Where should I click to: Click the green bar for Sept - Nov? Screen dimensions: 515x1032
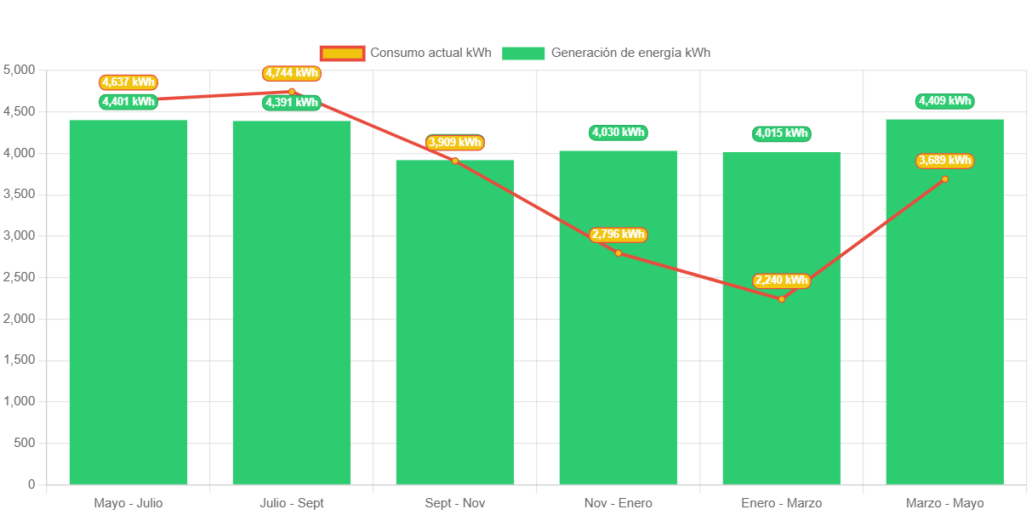click(454, 323)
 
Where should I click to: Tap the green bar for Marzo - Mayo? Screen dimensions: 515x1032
click(944, 323)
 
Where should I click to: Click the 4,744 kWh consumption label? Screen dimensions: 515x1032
click(291, 73)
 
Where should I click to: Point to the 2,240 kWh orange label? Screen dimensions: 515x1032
click(781, 280)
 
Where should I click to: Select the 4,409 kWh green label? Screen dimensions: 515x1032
click(944, 101)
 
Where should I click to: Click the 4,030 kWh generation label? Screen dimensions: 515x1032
click(618, 133)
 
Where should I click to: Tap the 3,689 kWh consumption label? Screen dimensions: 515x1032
click(944, 161)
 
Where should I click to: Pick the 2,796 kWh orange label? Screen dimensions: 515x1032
click(618, 235)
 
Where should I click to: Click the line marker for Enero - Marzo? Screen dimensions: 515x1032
click(781, 299)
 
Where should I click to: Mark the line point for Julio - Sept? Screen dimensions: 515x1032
click(291, 91)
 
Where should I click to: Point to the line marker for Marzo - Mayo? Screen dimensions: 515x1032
click(944, 178)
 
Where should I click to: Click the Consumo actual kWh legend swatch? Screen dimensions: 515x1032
click(342, 53)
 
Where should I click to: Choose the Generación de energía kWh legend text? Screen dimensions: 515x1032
click(630, 53)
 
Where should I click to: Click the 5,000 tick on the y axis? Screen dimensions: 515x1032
click(20, 70)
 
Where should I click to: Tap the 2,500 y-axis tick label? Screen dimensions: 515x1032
click(20, 277)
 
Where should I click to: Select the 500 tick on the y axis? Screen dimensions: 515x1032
click(26, 443)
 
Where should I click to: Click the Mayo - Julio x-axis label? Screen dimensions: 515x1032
click(128, 503)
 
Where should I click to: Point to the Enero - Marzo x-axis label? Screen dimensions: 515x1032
click(781, 503)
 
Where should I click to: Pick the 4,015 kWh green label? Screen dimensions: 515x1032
click(781, 133)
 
